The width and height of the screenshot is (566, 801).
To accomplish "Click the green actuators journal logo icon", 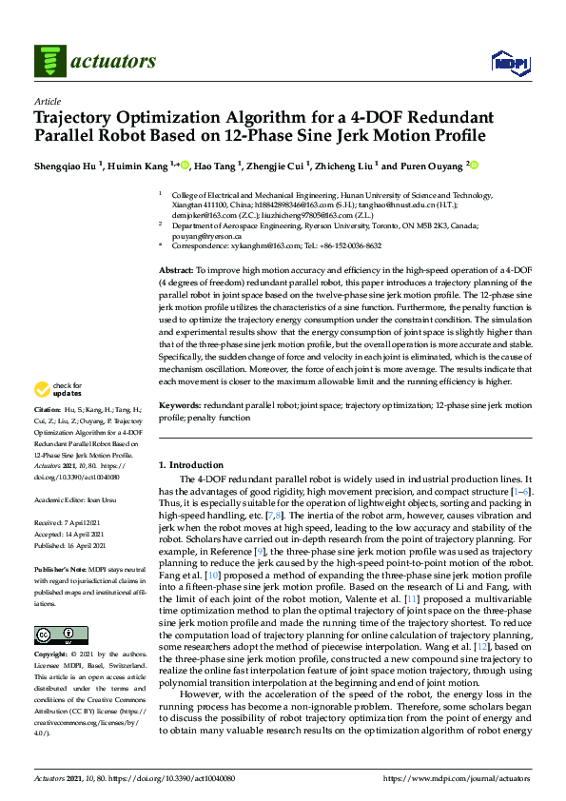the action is (x=49, y=62).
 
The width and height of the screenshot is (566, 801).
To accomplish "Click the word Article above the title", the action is (x=47, y=101).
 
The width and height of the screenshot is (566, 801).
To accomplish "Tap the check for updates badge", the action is (x=58, y=389).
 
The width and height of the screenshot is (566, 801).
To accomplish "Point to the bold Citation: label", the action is (x=50, y=407).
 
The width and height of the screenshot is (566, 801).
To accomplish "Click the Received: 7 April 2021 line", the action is (x=68, y=523).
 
